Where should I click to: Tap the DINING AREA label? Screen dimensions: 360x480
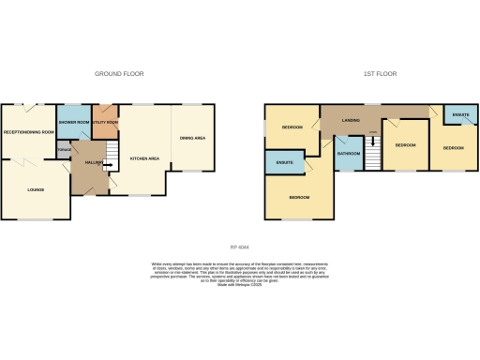(192, 139)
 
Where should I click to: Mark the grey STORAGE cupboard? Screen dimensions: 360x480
(64, 152)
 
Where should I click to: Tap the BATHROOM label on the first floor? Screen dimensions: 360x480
(349, 153)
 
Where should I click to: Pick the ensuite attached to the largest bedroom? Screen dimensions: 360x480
(285, 164)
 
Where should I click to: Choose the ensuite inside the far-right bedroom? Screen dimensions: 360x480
(460, 114)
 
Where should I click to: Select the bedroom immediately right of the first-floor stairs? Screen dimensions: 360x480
(405, 146)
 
